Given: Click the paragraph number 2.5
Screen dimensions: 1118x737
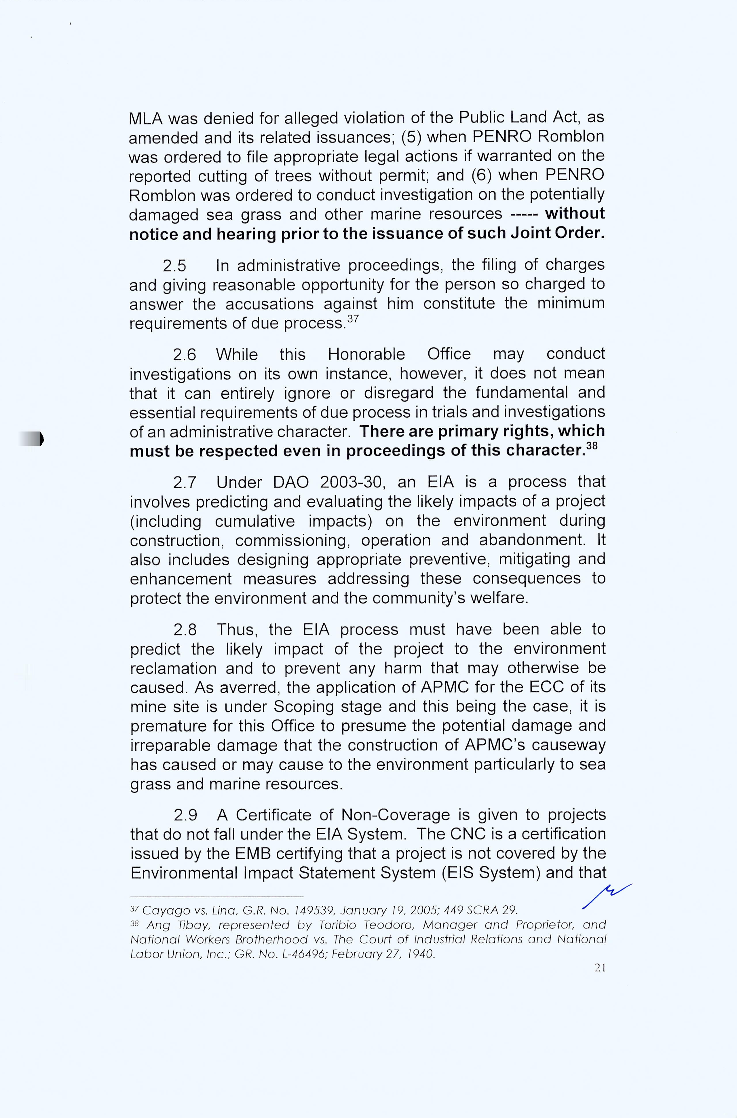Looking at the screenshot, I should [x=174, y=266].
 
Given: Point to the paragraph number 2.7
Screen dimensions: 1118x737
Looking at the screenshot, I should [x=185, y=483].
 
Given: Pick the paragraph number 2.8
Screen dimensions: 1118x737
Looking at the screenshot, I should [x=185, y=630].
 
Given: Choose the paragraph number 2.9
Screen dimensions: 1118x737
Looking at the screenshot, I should [x=185, y=815].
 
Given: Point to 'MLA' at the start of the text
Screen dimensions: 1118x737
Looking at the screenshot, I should [x=145, y=118].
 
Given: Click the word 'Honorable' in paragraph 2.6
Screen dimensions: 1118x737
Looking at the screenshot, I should [x=366, y=354].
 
